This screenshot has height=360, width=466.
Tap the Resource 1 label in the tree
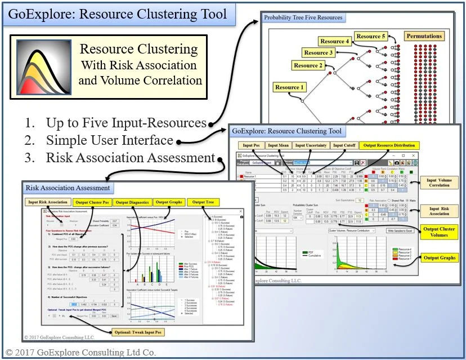[287, 87]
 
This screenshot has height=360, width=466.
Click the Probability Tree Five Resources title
[303, 17]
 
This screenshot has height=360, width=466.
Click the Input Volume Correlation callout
[439, 181]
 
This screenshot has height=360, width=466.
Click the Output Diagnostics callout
[132, 202]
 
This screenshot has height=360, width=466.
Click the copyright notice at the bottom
[80, 353]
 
